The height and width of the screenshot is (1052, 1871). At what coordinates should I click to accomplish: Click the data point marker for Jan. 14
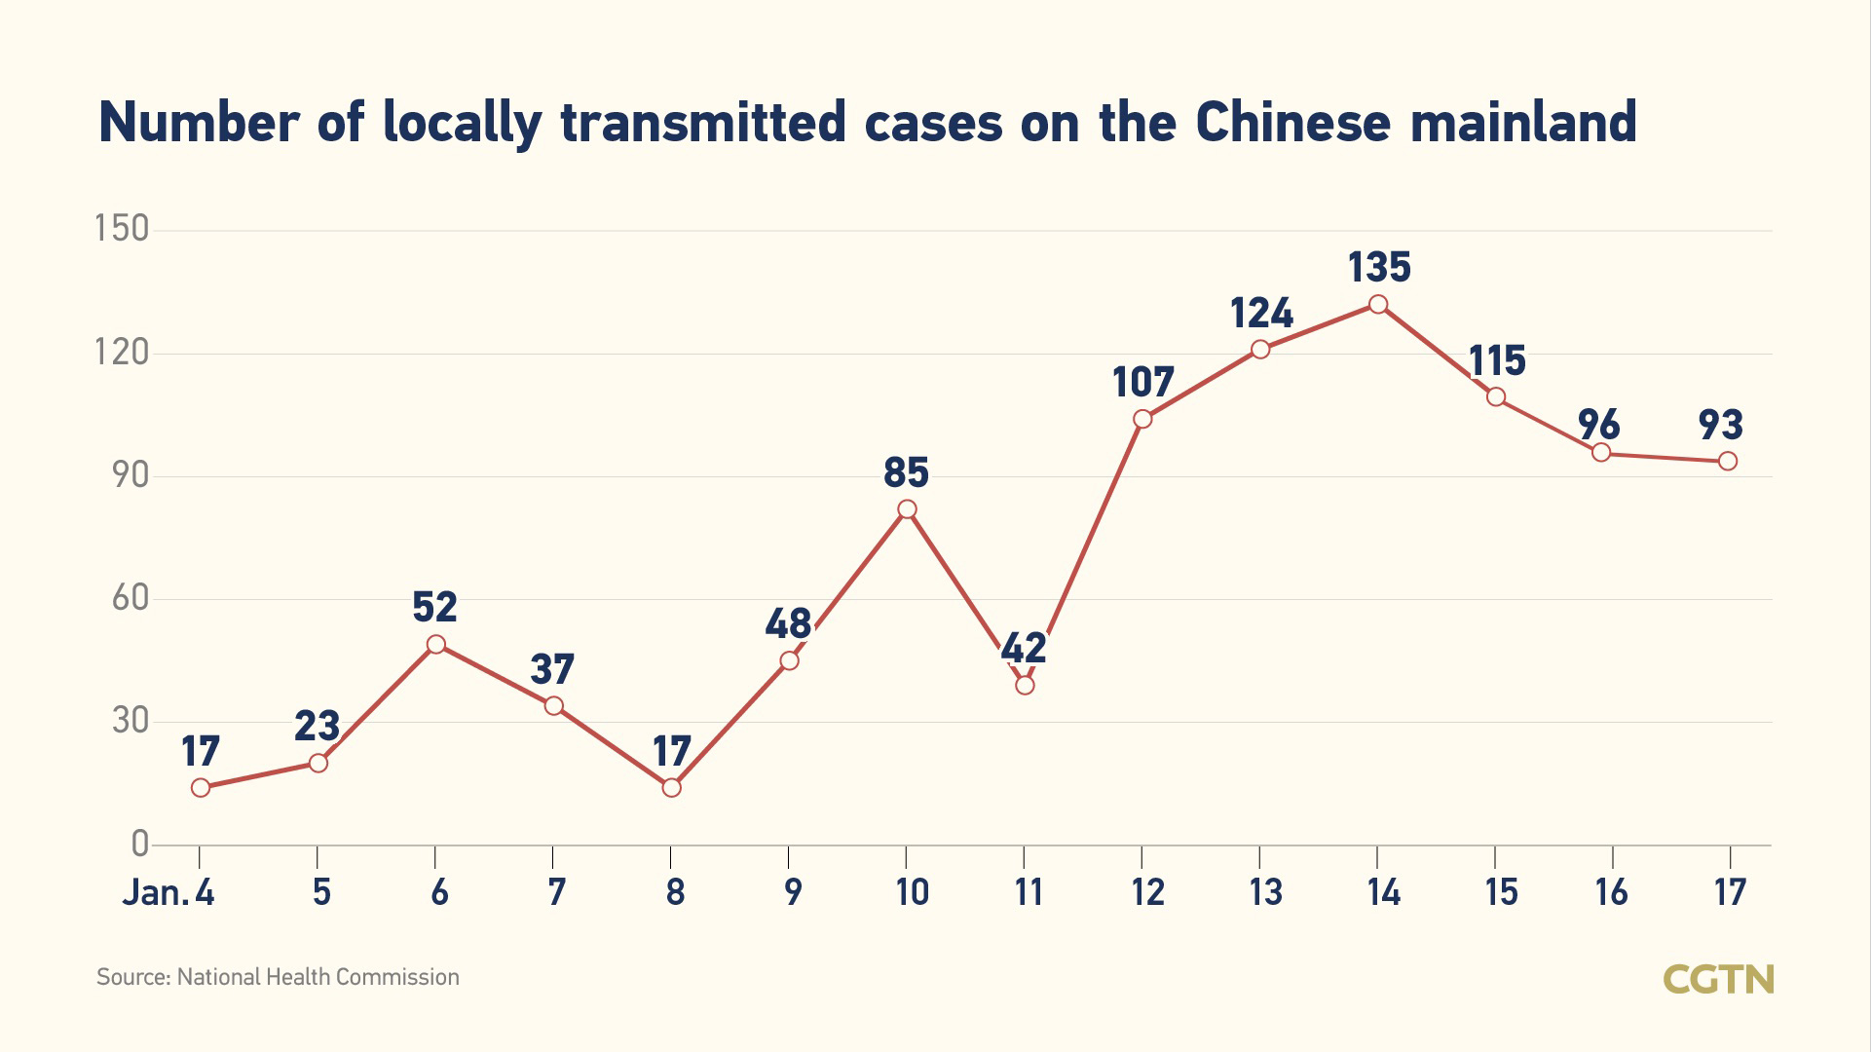click(1378, 305)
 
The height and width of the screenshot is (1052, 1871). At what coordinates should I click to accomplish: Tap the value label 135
click(1379, 267)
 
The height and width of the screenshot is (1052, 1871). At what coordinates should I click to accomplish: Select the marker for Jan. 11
click(1025, 685)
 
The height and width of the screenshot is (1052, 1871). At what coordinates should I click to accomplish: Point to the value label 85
click(906, 472)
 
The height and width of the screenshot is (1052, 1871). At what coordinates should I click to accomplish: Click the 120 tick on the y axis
click(122, 352)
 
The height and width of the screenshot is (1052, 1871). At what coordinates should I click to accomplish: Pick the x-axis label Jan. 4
click(168, 891)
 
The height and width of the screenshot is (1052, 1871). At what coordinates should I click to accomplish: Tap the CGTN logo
click(1718, 979)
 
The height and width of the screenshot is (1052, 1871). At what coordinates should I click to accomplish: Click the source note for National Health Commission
click(278, 977)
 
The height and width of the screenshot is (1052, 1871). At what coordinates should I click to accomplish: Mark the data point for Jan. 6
click(436, 645)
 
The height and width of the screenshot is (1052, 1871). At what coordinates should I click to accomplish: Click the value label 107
click(1143, 382)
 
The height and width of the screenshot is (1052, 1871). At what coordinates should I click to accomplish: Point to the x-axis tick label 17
click(1730, 891)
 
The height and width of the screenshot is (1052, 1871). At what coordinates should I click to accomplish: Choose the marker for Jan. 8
click(671, 787)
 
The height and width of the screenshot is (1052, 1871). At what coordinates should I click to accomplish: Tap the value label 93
click(1720, 425)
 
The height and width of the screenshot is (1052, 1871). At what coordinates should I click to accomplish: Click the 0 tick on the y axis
click(139, 844)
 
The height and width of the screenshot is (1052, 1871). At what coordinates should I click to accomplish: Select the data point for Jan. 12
click(1142, 419)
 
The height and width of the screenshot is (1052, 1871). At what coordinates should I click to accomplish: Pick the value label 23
click(317, 726)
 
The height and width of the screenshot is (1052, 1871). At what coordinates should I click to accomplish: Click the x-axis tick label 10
click(912, 891)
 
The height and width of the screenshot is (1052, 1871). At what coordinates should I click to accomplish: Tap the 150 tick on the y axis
click(122, 229)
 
